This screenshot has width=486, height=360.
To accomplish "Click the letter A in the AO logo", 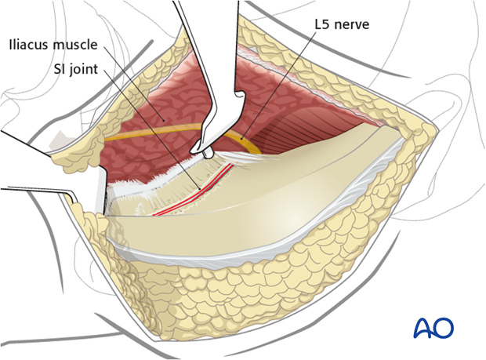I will pyautogui.click(x=423, y=327).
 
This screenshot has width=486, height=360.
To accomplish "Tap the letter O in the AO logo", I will pyautogui.click(x=443, y=327).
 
